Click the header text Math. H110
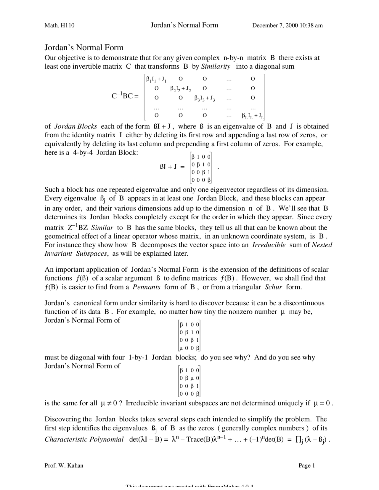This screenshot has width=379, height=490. click(x=59, y=25)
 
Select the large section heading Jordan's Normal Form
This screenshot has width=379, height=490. click(x=84, y=48)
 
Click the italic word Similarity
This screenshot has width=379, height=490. click(x=216, y=66)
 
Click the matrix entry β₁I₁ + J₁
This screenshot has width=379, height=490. click(x=156, y=79)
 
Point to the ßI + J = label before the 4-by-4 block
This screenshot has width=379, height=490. click(x=172, y=167)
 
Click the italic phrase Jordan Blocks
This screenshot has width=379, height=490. click(x=76, y=126)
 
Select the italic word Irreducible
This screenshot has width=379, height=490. click(x=269, y=245)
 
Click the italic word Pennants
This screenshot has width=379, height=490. click(x=146, y=287)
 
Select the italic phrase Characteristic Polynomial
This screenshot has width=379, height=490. click(x=84, y=439)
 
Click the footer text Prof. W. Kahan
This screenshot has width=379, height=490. click(x=64, y=465)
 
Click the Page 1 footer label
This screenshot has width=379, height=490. click(x=306, y=465)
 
